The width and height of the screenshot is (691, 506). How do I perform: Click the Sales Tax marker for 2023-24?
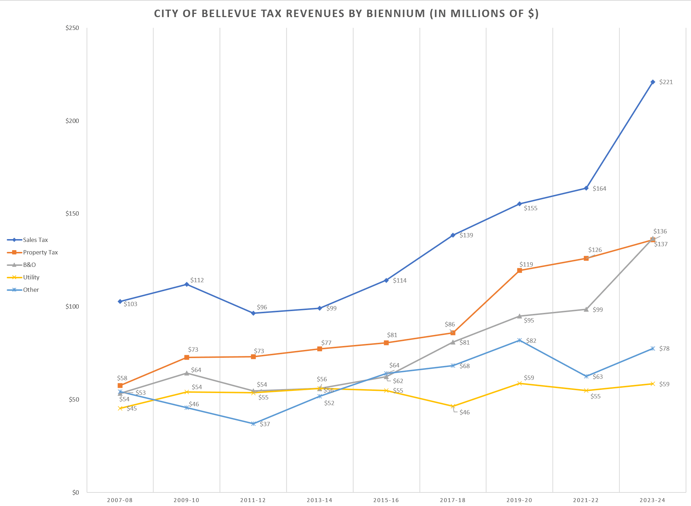[x=653, y=82]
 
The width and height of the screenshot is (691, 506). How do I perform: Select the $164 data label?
[x=599, y=189]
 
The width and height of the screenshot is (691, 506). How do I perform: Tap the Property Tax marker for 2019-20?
[x=519, y=270]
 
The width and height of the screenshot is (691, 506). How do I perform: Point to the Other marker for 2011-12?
[x=253, y=424]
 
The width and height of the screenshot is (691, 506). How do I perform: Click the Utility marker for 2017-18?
[x=453, y=406]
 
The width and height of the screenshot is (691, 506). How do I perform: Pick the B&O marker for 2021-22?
[x=586, y=309]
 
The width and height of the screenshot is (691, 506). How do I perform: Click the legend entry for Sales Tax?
[x=35, y=240]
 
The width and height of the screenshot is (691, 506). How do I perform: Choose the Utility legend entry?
[x=31, y=277]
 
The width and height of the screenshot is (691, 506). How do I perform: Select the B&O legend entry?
[x=29, y=265]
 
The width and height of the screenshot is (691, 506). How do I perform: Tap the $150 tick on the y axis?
[x=72, y=214]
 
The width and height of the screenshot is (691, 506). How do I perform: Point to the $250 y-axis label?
[x=72, y=28]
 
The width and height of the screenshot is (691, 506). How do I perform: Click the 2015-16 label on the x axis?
[x=386, y=500]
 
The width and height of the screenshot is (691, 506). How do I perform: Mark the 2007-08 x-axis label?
[x=120, y=500]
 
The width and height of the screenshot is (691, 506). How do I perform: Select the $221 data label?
[x=666, y=82]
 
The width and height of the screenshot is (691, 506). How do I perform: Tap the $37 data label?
[x=265, y=424]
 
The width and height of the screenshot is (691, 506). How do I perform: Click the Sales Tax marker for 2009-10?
[x=186, y=284]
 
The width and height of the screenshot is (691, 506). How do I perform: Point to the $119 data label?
[x=526, y=264]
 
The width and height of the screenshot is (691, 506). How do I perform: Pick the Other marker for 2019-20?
[x=519, y=340]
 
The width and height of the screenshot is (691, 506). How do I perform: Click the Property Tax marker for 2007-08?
[x=120, y=386]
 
